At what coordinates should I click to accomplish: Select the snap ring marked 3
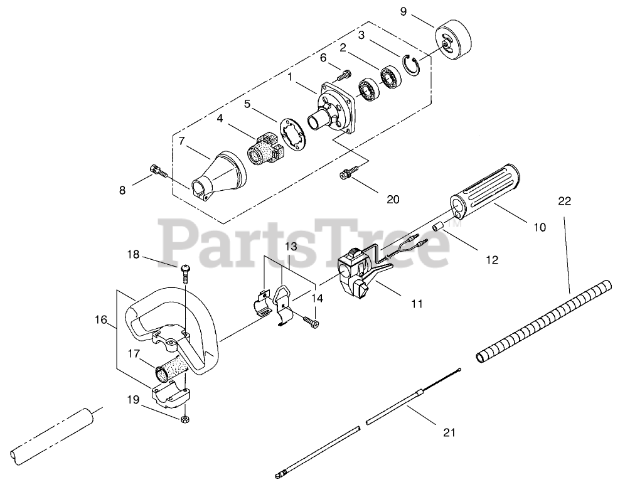[412, 65]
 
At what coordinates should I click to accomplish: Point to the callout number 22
[564, 201]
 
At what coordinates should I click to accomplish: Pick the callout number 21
[449, 432]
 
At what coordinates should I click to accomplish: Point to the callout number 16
[100, 321]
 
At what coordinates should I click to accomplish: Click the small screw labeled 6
[342, 76]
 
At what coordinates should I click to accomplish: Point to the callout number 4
[220, 117]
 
